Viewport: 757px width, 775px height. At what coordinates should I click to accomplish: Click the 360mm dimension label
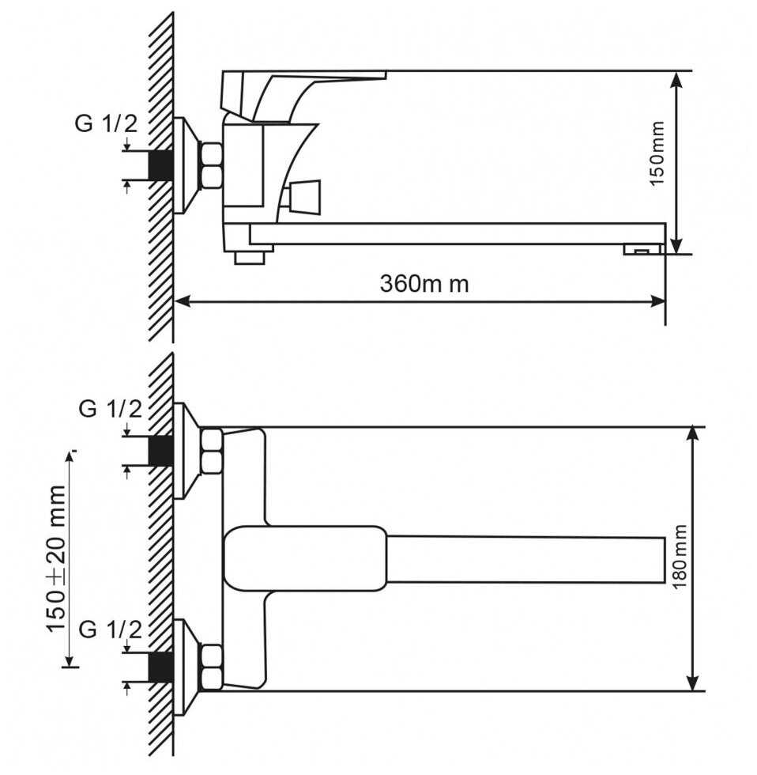[424, 284]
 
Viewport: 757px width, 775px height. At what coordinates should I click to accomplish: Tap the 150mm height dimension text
[657, 153]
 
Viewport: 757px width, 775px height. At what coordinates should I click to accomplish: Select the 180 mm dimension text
[680, 557]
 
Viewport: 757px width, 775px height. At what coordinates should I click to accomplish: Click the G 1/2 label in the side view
[106, 123]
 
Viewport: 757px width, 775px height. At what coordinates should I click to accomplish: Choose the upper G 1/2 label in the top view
[110, 409]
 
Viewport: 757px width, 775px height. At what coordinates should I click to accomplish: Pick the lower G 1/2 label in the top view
[110, 629]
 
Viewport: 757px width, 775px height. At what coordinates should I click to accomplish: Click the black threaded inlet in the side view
[161, 165]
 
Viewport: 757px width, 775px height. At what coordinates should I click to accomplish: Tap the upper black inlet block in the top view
[161, 451]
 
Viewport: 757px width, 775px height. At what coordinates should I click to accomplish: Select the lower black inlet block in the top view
[161, 667]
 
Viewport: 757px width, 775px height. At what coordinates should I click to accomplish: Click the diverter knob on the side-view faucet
[304, 196]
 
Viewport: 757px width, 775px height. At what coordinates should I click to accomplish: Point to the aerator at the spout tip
[642, 250]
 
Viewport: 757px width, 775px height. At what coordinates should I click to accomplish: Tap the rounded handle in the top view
[305, 558]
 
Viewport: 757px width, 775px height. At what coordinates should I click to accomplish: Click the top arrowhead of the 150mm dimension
[677, 80]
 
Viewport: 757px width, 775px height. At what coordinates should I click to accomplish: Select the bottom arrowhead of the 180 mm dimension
[693, 682]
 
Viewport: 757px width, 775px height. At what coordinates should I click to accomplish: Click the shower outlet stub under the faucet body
[250, 257]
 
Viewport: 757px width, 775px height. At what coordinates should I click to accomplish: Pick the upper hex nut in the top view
[212, 452]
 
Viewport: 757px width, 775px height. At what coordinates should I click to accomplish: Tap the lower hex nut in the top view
[212, 667]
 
